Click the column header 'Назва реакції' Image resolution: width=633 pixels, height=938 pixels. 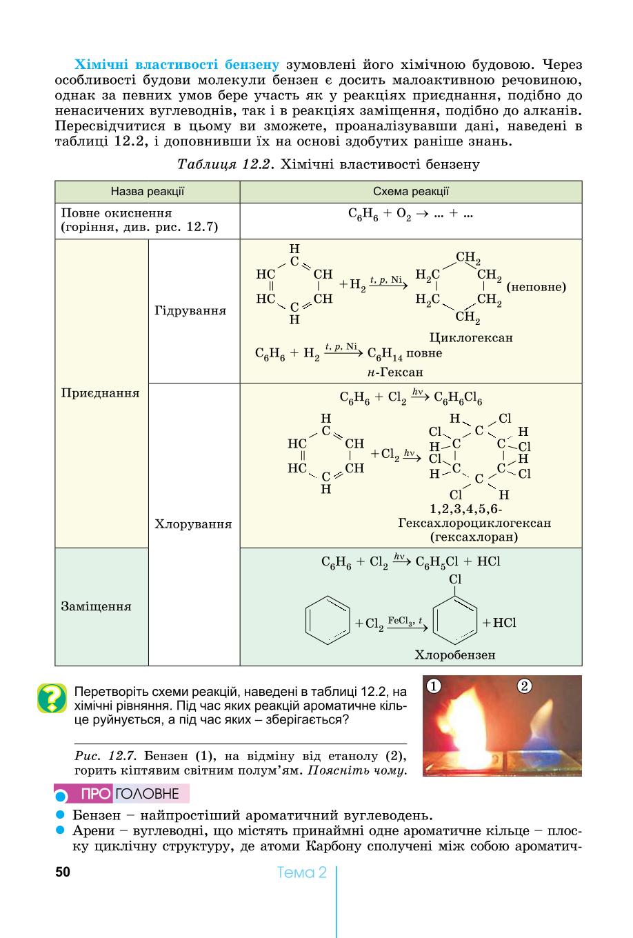[148, 191]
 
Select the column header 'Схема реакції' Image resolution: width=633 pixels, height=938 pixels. [411, 191]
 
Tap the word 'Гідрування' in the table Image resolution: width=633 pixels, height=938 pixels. [190, 310]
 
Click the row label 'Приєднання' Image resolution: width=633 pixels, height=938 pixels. [100, 393]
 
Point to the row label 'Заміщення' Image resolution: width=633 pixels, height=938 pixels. [97, 606]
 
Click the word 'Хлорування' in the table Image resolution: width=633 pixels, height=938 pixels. [193, 524]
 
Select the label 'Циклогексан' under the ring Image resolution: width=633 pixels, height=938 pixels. [471, 338]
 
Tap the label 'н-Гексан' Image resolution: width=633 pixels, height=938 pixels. [395, 372]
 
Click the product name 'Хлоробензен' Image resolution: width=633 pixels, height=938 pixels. [455, 655]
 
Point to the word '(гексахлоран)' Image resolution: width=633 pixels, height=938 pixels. [474, 537]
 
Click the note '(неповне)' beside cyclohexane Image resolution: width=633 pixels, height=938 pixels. [536, 287]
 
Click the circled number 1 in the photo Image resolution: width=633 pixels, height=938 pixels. [434, 686]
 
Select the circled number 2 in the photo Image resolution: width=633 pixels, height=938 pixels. [524, 686]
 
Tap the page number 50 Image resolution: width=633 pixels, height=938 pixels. [63, 872]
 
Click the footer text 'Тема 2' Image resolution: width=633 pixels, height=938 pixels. [301, 872]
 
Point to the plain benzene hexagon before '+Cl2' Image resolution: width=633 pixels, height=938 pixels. [328, 620]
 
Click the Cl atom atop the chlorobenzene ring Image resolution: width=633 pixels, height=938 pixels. [455, 579]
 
